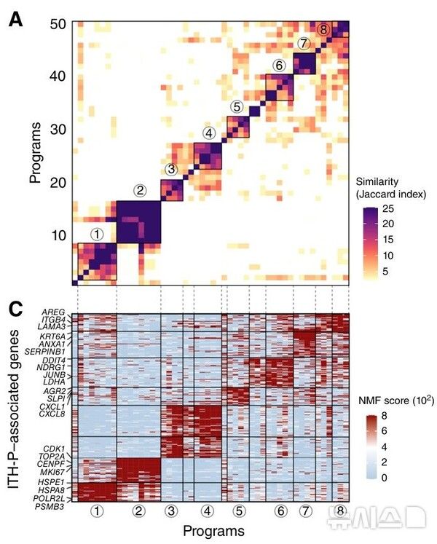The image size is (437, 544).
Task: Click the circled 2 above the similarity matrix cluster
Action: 140,191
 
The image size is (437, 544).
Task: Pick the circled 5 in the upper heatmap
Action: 237,106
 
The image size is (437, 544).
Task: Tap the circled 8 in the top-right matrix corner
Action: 323,29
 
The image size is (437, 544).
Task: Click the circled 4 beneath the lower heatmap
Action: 208,512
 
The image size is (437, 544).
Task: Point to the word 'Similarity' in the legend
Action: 378,181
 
